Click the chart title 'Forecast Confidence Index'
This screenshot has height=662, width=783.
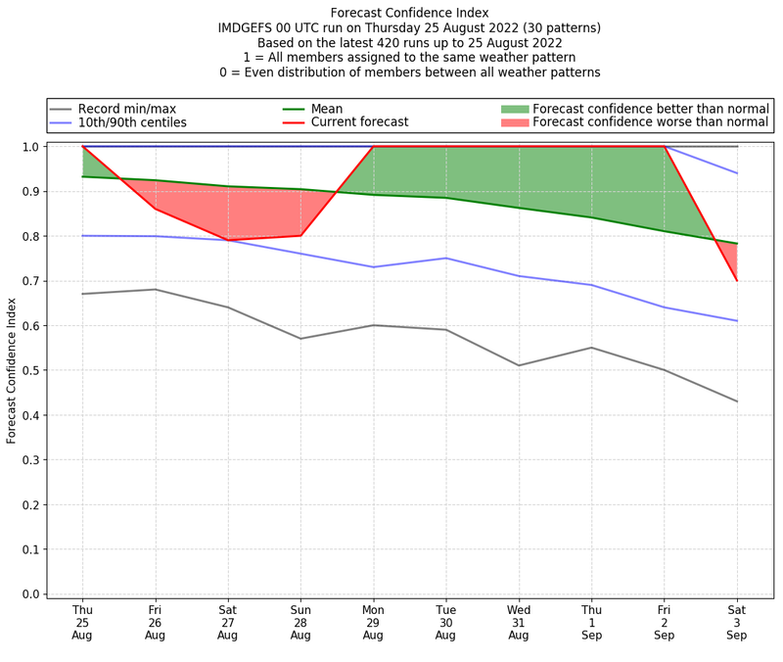tap(409, 13)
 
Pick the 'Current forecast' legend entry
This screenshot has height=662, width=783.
tap(359, 122)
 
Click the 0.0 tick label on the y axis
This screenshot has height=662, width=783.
tap(31, 594)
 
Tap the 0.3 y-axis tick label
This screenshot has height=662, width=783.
tap(31, 460)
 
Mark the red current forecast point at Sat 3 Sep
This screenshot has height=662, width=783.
tap(737, 281)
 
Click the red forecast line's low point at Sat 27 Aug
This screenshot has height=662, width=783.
tap(228, 240)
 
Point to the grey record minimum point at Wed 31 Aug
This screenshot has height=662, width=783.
tap(519, 365)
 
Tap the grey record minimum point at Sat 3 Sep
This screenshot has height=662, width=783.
tap(737, 402)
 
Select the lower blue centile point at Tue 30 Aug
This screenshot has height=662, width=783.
tap(446, 259)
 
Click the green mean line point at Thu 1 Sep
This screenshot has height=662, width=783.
tap(591, 217)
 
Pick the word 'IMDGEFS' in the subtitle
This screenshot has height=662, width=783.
tap(246, 28)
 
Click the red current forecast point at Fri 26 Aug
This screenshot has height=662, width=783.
tap(155, 209)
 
